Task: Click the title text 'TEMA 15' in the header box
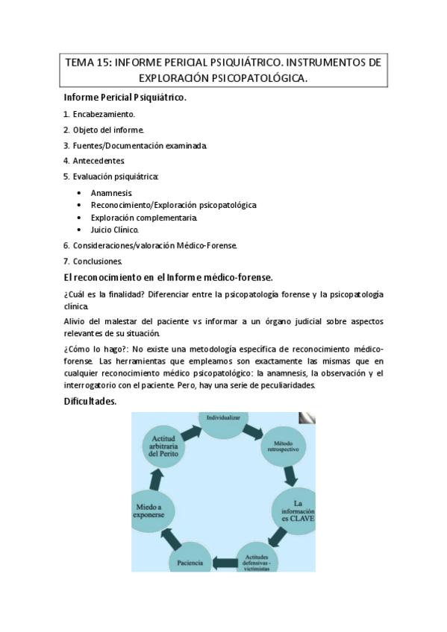coord(87,63)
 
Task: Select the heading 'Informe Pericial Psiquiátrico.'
coord(125,98)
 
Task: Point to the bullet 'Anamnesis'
coord(112,193)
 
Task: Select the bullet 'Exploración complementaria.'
coord(144,218)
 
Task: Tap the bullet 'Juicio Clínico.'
coord(115,230)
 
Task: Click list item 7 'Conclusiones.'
coord(98,261)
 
